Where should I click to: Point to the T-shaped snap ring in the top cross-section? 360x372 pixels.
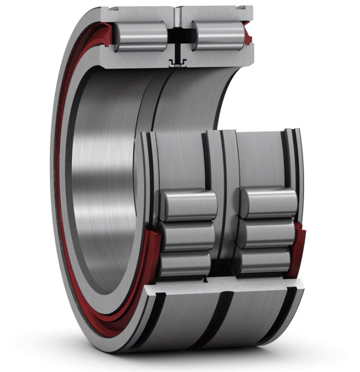point(177,61)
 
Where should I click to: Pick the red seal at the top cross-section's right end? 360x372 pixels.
point(247,35)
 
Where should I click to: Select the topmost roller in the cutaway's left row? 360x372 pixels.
point(190,206)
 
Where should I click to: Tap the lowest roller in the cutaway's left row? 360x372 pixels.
point(185,264)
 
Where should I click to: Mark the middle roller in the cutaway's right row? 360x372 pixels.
point(267,234)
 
